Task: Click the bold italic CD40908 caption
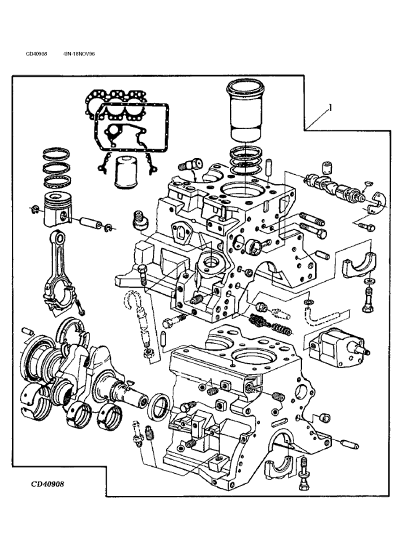pyautogui.click(x=47, y=484)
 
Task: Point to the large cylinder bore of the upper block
pyautogui.click(x=240, y=190)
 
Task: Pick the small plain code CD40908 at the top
pyautogui.click(x=36, y=54)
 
